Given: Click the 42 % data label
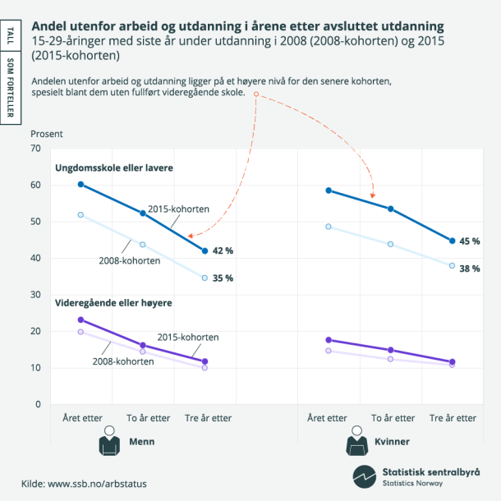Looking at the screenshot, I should pyautogui.click(x=223, y=250).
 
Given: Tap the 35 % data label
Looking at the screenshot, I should pyautogui.click(x=223, y=278).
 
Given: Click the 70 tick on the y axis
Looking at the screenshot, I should pyautogui.click(x=35, y=149).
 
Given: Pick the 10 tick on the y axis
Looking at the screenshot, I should pyautogui.click(x=35, y=368).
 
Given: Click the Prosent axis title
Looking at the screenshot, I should pyautogui.click(x=46, y=133).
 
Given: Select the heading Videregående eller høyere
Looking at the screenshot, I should pyautogui.click(x=113, y=303).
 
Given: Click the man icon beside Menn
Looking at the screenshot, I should pyautogui.click(x=109, y=442).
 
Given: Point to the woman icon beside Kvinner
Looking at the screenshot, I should pyautogui.click(x=356, y=442).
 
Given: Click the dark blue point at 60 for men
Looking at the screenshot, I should pyautogui.click(x=80, y=184).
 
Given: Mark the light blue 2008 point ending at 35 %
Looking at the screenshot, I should pyautogui.click(x=205, y=278).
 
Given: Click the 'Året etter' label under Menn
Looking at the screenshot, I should pyautogui.click(x=80, y=418).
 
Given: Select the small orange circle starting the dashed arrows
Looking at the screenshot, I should pyautogui.click(x=256, y=94).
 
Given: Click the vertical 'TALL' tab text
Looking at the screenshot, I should pyautogui.click(x=10, y=36).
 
